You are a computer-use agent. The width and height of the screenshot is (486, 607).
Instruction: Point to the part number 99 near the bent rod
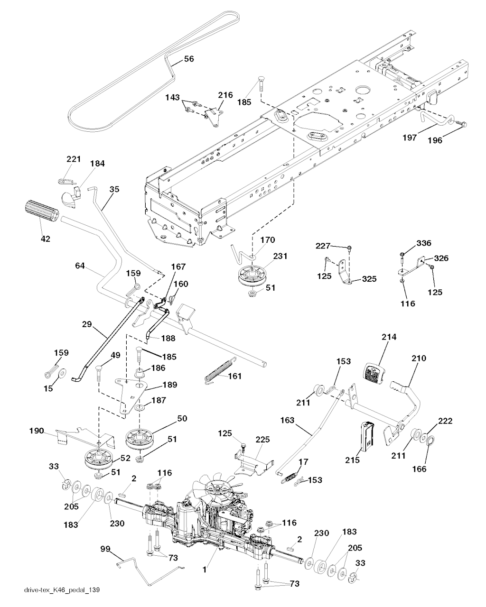coord(105,549)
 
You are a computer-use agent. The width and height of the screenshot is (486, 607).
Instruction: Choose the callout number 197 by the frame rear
coord(409,138)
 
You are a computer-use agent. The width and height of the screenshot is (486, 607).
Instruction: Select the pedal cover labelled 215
coord(367,435)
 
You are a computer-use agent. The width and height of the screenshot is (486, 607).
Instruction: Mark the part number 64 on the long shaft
coord(80,266)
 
